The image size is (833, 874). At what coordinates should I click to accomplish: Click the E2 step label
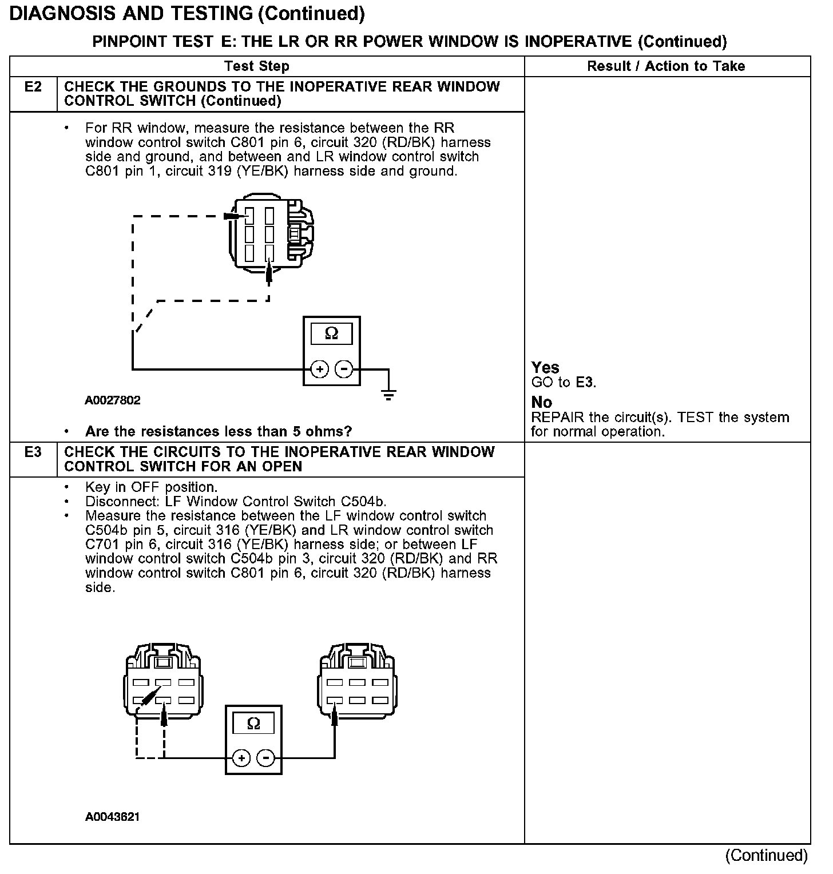[x=33, y=88]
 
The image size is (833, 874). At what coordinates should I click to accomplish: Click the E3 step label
[x=33, y=452]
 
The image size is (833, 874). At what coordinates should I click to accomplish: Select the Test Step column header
[x=257, y=66]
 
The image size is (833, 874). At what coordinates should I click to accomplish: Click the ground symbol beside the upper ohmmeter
[x=388, y=394]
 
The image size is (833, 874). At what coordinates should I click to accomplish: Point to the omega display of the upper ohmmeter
[x=331, y=333]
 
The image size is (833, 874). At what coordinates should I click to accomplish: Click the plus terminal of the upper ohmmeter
[x=319, y=370]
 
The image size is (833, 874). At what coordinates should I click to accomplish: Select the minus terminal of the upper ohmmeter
[x=344, y=370]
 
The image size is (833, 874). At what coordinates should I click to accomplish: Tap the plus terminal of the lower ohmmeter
[x=242, y=758]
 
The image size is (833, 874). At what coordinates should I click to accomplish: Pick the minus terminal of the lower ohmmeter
[x=266, y=758]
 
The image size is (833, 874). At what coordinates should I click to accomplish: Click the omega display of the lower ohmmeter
[x=253, y=724]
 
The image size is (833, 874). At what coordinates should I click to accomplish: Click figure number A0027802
[x=113, y=400]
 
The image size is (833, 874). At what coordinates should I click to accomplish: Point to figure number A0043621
[x=113, y=817]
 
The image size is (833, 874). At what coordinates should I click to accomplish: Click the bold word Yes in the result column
[x=545, y=368]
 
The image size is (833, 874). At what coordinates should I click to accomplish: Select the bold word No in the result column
[x=541, y=403]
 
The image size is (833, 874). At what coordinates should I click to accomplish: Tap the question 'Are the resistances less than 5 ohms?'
[x=219, y=431]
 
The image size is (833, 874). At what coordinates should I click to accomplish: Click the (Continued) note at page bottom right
[x=767, y=856]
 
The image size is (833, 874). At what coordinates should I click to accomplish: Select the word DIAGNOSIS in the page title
[x=65, y=13]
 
